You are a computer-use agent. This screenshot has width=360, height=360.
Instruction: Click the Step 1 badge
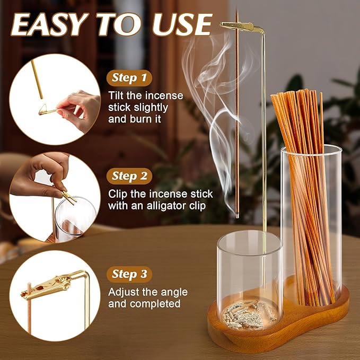click(x=129, y=78)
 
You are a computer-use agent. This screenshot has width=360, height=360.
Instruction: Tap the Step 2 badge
click(x=129, y=176)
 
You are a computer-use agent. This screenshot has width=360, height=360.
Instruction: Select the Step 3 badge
click(x=129, y=274)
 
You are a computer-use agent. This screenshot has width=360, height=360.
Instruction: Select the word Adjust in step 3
click(x=122, y=292)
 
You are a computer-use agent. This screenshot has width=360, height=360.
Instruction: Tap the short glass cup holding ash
click(x=249, y=276)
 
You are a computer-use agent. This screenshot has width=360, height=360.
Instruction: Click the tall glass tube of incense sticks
click(x=311, y=223)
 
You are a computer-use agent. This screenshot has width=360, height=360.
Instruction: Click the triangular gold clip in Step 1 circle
click(x=48, y=110)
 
